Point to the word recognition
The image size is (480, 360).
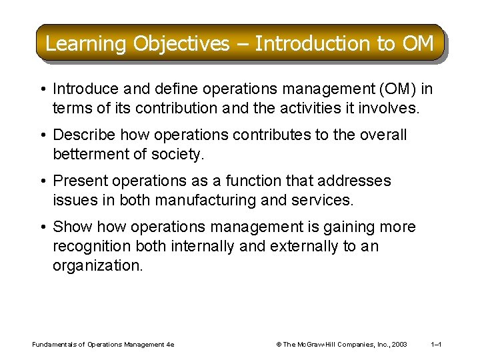[x=92, y=247]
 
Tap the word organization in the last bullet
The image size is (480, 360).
[x=97, y=266]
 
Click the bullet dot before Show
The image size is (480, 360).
[x=43, y=227]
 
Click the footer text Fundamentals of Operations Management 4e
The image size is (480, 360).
[x=103, y=345]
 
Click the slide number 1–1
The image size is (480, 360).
[x=437, y=345]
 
